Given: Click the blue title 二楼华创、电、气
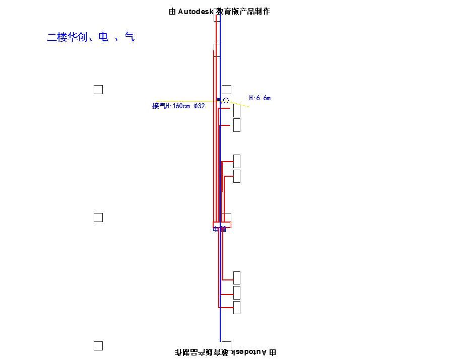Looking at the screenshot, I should (x=91, y=37).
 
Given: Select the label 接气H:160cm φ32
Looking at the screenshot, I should (x=178, y=106).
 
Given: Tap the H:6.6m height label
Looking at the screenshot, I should (x=260, y=98).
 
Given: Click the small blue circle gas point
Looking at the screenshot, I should (x=226, y=101).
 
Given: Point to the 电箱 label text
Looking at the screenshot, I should (x=220, y=230).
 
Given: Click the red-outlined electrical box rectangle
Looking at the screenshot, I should (x=222, y=225).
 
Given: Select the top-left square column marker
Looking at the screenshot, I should (x=98, y=90).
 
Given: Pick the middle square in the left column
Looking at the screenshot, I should (x=98, y=218).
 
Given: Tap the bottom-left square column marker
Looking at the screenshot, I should (x=98, y=346).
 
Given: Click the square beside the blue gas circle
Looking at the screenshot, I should (x=227, y=90).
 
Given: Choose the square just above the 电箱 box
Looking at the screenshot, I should (x=227, y=217).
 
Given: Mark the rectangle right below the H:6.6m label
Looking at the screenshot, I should (x=237, y=110).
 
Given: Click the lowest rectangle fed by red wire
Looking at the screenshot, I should (x=237, y=308).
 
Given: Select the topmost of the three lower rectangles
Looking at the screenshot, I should (x=237, y=278).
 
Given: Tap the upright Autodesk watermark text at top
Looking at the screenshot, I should (x=219, y=11).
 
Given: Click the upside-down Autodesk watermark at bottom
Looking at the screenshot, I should (x=225, y=352).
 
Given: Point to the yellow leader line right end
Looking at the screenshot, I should (x=249, y=107).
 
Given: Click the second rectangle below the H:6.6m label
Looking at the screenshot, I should (x=237, y=125).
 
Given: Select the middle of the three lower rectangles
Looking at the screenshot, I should (x=237, y=293).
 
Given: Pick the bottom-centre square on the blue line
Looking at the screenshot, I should (x=227, y=345).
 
